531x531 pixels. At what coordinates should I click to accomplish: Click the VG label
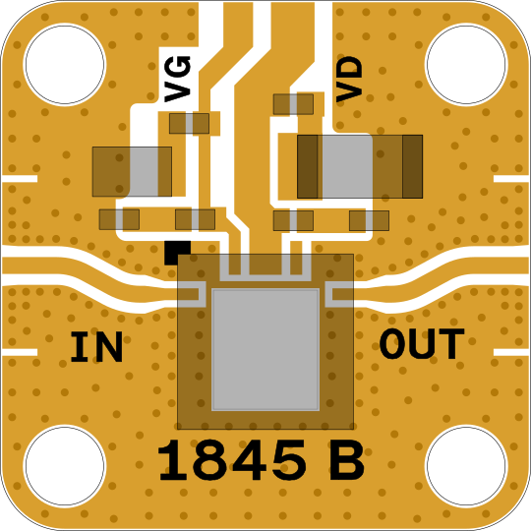[x=177, y=79]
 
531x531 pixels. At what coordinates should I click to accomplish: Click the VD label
[x=349, y=80]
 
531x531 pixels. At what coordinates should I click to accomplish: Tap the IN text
[x=96, y=347]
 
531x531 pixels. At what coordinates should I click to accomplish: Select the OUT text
[x=422, y=343]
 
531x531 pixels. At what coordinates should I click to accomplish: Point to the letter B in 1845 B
[x=346, y=460]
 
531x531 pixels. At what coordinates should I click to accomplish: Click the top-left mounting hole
[x=65, y=64]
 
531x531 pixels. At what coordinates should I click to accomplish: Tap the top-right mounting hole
[x=466, y=64]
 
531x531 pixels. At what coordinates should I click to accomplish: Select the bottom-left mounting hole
[x=65, y=466]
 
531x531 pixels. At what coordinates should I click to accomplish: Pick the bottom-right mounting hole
[x=466, y=466]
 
